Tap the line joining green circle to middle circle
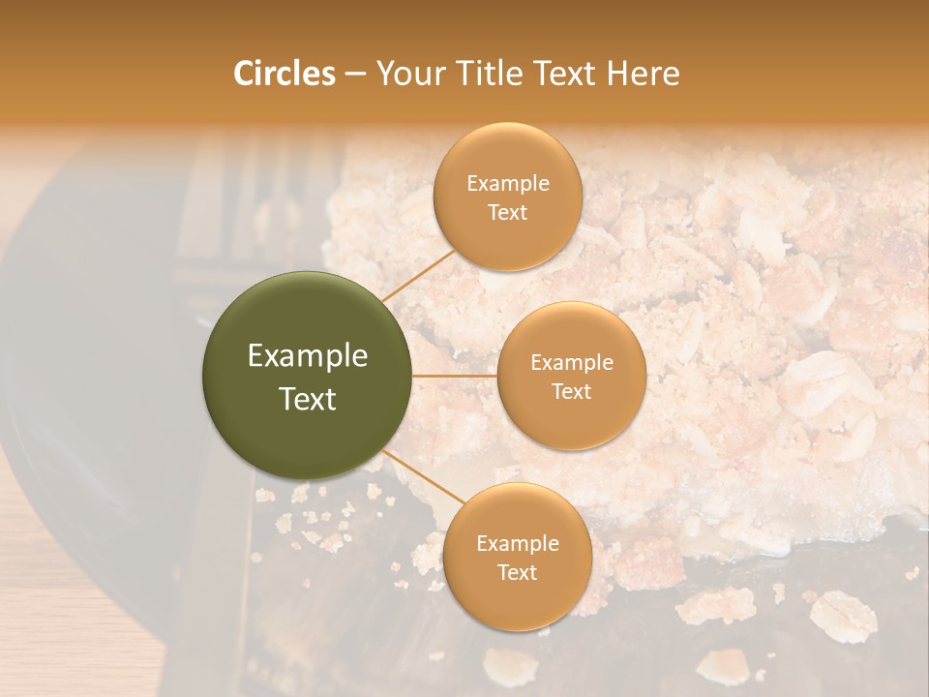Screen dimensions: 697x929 coord(455,376)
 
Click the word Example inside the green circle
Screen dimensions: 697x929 coord(307,356)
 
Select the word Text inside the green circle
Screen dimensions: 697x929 coord(307,399)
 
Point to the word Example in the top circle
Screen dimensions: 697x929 coord(507,184)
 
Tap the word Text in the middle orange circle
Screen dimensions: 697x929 coord(571,392)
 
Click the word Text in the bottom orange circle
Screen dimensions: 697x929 coord(517,573)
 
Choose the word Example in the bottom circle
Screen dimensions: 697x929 coord(517,544)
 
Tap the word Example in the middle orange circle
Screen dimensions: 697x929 coord(571,363)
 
